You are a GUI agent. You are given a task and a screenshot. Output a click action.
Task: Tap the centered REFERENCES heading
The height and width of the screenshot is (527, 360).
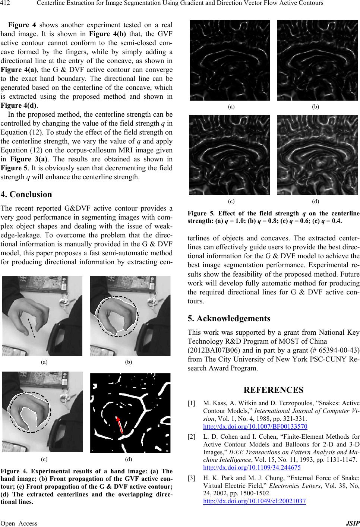point(274,390)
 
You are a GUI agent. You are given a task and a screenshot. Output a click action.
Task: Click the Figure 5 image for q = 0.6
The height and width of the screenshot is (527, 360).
point(230,155)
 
